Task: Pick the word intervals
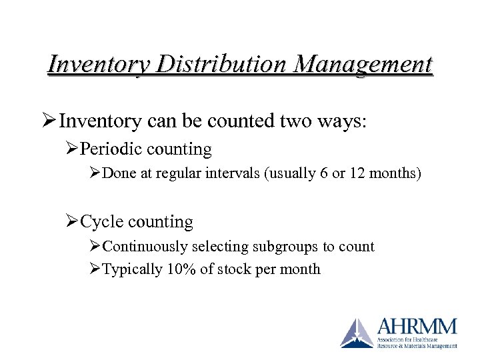[231, 174]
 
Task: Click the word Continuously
[145, 247]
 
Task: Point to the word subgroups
[285, 247]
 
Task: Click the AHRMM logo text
[417, 327]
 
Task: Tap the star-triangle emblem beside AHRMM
[357, 333]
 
